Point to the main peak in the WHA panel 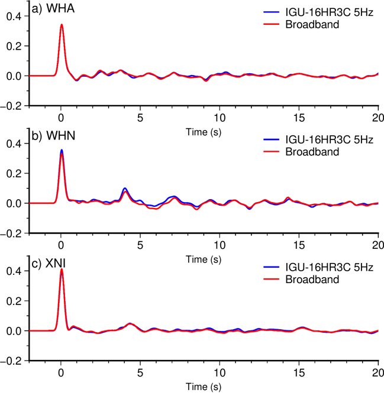pyautogui.click(x=62, y=25)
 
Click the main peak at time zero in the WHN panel pyautogui.click(x=62, y=151)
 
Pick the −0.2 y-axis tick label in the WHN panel pyautogui.click(x=11, y=233)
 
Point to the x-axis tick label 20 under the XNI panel pyautogui.click(x=378, y=372)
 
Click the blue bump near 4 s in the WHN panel pyautogui.click(x=124, y=189)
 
